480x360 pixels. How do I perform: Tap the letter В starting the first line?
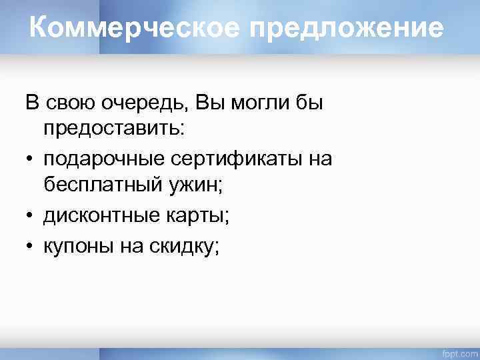(x=31, y=103)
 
